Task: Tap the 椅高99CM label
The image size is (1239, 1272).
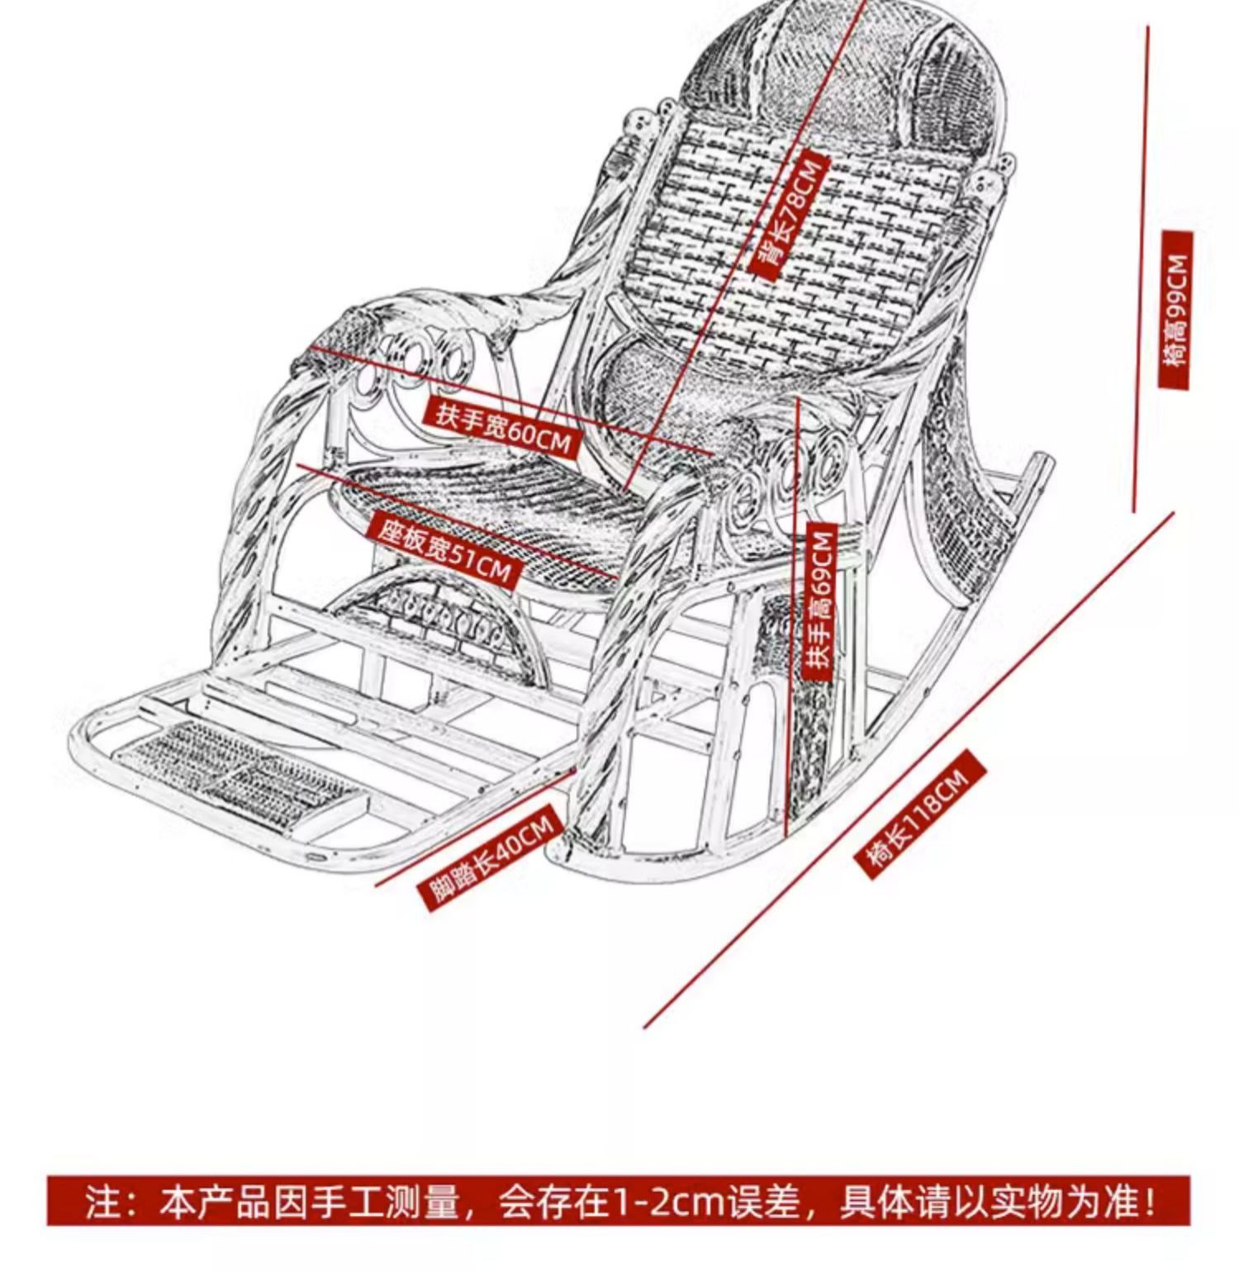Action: coord(1175,309)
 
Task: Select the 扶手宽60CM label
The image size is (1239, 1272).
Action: coord(503,429)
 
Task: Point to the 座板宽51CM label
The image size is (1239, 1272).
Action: coord(444,548)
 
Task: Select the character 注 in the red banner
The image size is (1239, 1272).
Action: coord(102,1202)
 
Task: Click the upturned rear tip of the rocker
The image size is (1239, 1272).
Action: coord(1044,463)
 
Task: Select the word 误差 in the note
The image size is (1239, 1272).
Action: coord(763,1202)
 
